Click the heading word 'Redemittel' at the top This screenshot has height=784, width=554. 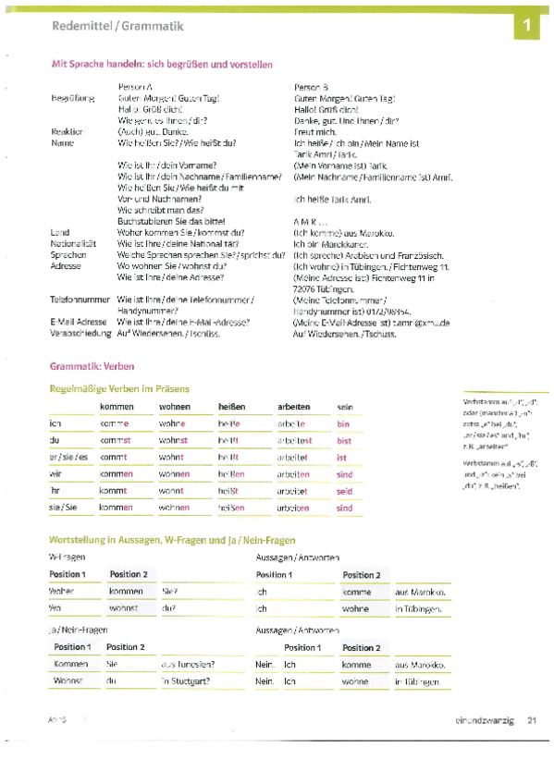[78, 26]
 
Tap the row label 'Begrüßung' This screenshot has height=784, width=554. [70, 97]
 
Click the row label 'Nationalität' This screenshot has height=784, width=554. [72, 242]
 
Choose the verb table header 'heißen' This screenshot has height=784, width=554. [231, 407]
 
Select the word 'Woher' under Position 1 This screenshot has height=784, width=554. [62, 592]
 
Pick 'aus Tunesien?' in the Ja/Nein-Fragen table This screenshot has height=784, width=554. [188, 664]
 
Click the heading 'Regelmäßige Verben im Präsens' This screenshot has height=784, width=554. [119, 388]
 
